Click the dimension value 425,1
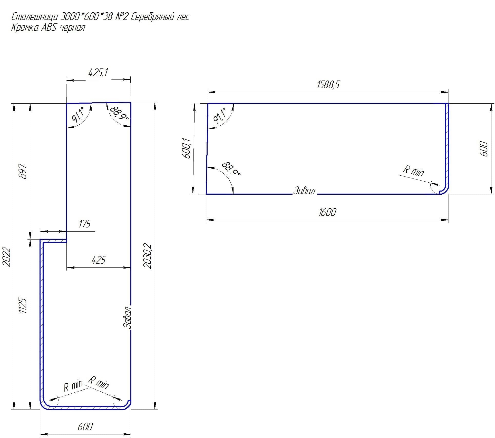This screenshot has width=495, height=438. [x=98, y=73]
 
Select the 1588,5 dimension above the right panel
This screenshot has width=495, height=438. [x=328, y=84]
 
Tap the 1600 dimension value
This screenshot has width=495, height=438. [x=327, y=212]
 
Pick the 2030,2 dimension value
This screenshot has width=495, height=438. [x=148, y=256]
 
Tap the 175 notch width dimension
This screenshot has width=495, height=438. [x=84, y=224]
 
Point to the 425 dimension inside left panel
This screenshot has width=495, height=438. [x=99, y=260]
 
